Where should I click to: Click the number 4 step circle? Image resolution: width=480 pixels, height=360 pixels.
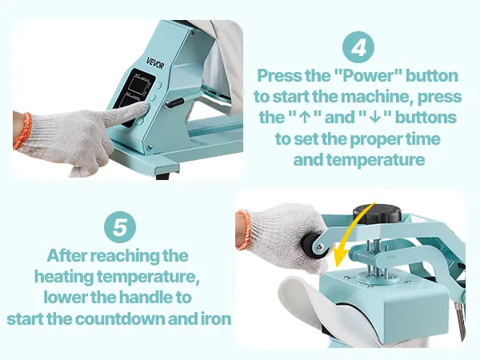(358, 47)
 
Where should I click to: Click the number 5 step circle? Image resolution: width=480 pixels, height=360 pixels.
(120, 227)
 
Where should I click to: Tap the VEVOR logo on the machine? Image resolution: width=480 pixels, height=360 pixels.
(155, 62)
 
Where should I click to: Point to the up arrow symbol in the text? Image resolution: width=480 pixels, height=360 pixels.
(304, 118)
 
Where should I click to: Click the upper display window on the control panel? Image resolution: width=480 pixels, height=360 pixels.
(138, 82)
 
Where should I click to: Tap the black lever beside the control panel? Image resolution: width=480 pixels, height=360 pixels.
(174, 102)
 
